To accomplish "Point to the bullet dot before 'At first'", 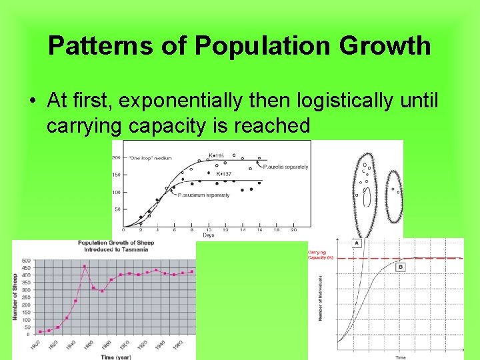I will [32, 101].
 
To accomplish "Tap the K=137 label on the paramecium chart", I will [223, 173].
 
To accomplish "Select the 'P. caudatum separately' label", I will [203, 195].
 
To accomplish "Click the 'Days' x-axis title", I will [208, 235].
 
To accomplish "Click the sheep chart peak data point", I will [85, 266].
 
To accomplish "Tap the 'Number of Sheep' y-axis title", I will [15, 296].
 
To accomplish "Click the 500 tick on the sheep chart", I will [26, 261].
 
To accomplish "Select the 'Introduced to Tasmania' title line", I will [116, 249].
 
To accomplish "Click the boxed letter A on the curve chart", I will [357, 243].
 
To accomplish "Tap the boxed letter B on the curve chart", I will [401, 267].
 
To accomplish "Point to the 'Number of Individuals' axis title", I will [321, 297].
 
